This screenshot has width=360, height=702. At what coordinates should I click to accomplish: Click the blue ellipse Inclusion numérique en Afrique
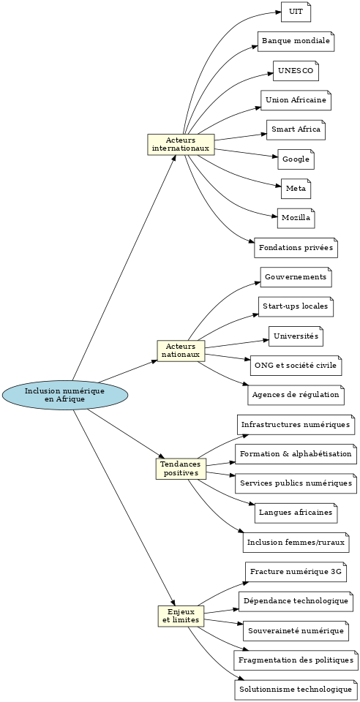[x=65, y=396]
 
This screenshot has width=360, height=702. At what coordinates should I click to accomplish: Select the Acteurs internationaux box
[x=181, y=144]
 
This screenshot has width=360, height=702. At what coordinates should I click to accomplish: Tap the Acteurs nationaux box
[x=181, y=350]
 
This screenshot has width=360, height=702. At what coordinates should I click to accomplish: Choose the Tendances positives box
[x=181, y=468]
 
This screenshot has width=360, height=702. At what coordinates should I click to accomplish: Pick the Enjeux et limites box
[x=181, y=616]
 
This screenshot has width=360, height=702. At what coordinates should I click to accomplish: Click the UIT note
[x=296, y=12]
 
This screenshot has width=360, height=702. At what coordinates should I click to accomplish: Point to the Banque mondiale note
[x=296, y=42]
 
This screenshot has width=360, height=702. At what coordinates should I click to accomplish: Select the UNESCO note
[x=296, y=71]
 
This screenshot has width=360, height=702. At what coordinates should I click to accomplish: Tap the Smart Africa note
[x=296, y=130]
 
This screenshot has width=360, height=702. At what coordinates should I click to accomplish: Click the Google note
[x=296, y=159]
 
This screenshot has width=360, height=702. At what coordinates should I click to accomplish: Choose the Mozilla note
[x=296, y=218]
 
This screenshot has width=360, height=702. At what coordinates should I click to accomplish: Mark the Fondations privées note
[x=296, y=248]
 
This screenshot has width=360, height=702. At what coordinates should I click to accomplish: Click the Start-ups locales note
[x=296, y=306]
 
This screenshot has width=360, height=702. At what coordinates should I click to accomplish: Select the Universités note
[x=296, y=336]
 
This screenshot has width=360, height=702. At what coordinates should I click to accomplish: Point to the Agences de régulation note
[x=296, y=395]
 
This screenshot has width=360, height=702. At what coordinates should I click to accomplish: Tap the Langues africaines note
[x=296, y=513]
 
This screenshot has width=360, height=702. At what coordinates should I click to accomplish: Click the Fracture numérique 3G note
[x=296, y=572]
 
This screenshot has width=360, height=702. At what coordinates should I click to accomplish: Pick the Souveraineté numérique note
[x=296, y=631]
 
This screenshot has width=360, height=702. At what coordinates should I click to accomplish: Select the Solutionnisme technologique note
[x=296, y=690]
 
